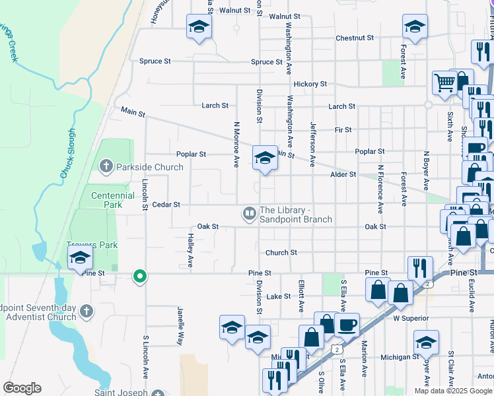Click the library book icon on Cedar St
249,213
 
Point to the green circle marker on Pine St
139,276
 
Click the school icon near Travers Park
79,257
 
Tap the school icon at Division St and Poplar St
265,157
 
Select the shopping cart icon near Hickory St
445,83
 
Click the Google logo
22,388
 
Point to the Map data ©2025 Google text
452,391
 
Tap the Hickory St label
310,84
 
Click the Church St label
281,252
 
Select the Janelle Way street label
179,325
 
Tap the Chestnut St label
355,38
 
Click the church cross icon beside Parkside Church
106,167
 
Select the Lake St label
279,296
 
